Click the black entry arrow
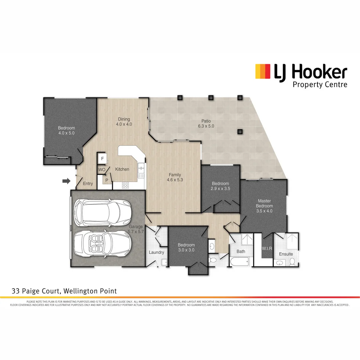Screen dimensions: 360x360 point(67,181)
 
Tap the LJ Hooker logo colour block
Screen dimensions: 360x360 point(263,71)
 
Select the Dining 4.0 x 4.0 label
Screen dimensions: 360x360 point(124,122)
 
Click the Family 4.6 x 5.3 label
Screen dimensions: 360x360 point(175,177)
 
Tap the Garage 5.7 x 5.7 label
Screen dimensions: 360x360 point(136,229)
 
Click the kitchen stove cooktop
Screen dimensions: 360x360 point(126,185)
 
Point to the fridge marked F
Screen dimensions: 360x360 point(102,158)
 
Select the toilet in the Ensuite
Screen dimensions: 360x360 point(292,262)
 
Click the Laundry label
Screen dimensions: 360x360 point(156,252)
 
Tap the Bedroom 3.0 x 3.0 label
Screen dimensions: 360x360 point(186,248)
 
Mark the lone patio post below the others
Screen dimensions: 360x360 point(239,131)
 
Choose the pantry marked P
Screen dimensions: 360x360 point(107,180)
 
